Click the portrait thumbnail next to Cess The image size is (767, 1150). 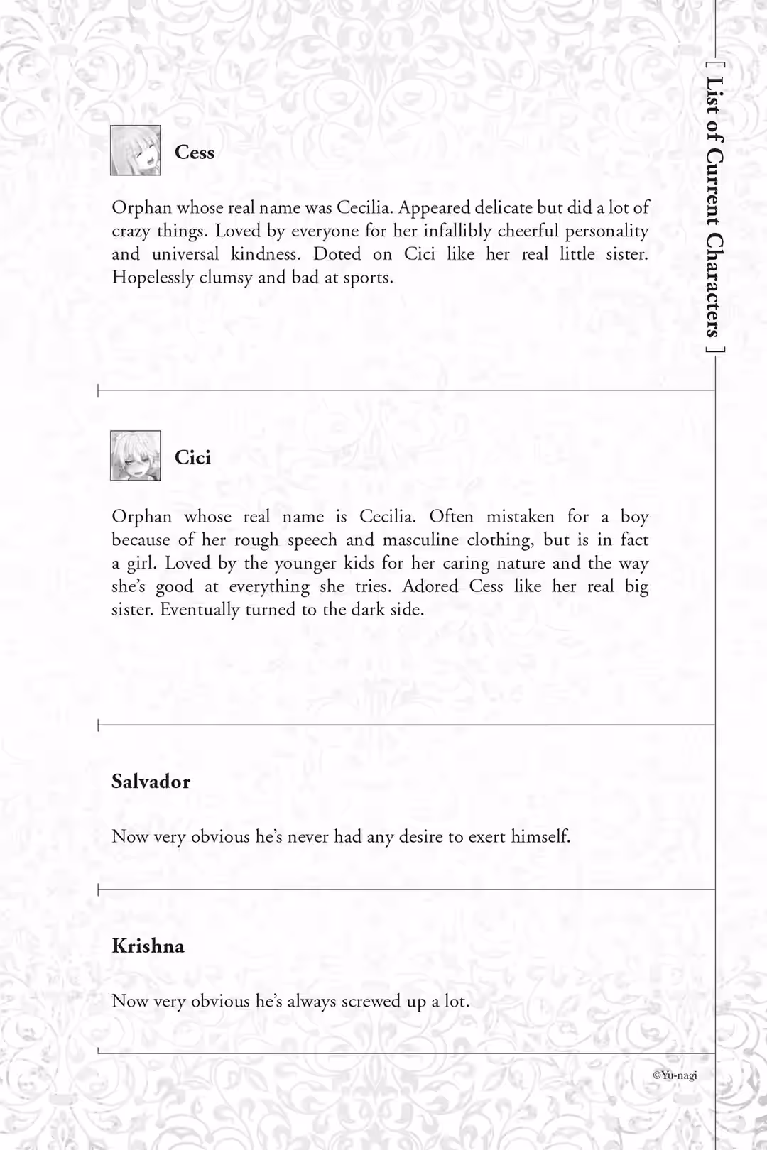click(x=136, y=150)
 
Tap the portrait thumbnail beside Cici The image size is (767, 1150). click(x=136, y=456)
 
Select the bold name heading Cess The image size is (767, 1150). click(x=195, y=153)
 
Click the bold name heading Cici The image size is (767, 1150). click(x=193, y=458)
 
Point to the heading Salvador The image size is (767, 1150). click(x=151, y=782)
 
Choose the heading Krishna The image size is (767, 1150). click(x=148, y=946)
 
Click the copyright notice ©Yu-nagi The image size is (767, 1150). click(x=675, y=1075)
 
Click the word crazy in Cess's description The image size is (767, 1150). click(x=131, y=232)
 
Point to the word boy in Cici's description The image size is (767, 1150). click(x=634, y=517)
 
